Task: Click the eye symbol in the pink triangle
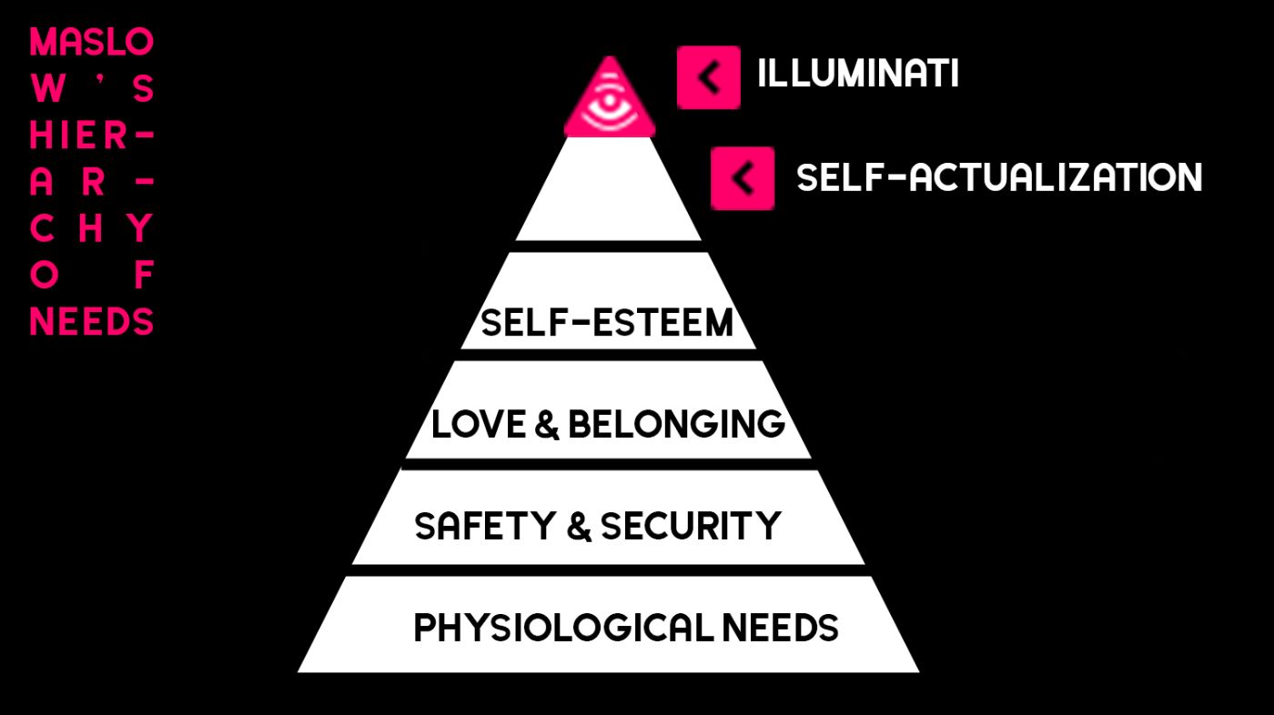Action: (610, 106)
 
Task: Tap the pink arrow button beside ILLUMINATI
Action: (709, 77)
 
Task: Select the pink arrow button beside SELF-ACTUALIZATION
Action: (743, 178)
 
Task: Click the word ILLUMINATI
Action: (858, 74)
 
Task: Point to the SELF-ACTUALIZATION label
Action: (999, 177)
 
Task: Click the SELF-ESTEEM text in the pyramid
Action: (607, 322)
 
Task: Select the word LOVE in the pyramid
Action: (479, 424)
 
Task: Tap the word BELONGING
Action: (677, 424)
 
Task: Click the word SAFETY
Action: (485, 525)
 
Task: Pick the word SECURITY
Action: (691, 525)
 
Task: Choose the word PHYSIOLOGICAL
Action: (563, 628)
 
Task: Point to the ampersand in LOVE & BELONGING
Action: (547, 425)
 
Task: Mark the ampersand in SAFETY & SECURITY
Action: (579, 526)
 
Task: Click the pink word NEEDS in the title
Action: (92, 322)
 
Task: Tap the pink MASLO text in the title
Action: (92, 42)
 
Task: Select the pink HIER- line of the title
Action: (92, 136)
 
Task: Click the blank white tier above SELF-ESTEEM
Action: (609, 188)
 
